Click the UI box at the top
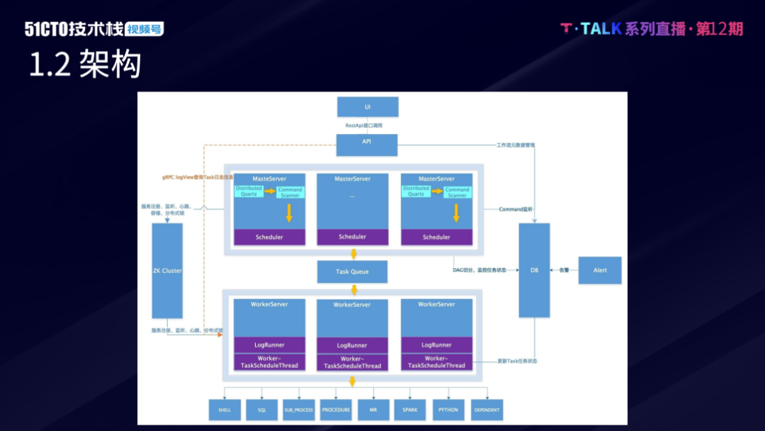(x=368, y=107)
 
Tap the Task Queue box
(x=352, y=272)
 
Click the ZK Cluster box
(x=167, y=271)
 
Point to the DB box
(x=534, y=270)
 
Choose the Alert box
(x=600, y=270)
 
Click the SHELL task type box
(x=225, y=410)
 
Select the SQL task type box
(x=262, y=410)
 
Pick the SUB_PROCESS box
(x=299, y=410)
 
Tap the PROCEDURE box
(x=336, y=410)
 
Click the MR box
(x=373, y=410)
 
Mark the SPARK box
(x=410, y=410)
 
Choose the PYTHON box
(x=448, y=410)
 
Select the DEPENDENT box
(x=487, y=410)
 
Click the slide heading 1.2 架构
(x=85, y=65)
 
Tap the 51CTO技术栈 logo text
(x=74, y=29)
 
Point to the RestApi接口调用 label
(x=364, y=125)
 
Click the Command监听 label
(x=515, y=209)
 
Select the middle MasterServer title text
(x=352, y=179)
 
